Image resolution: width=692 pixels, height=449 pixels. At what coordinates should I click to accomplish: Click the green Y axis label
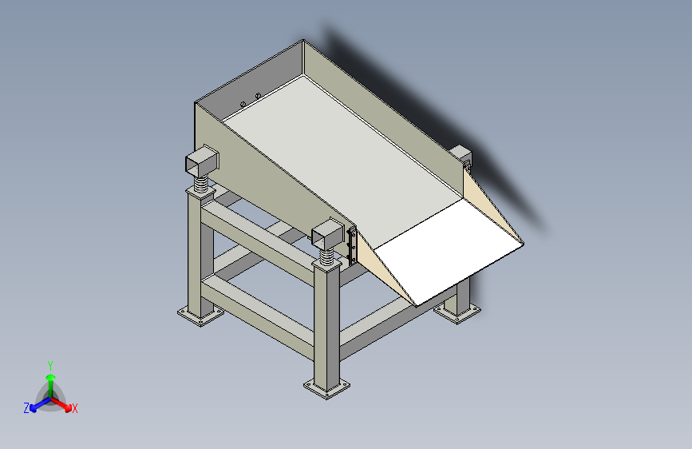coord(50,365)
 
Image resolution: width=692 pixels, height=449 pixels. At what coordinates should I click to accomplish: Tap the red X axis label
coord(74,408)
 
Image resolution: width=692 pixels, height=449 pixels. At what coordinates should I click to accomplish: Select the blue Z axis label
coord(26,408)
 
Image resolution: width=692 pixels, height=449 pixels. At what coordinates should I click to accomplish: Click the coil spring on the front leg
coord(326,256)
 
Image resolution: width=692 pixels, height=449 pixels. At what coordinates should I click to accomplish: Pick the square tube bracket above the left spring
coord(202,160)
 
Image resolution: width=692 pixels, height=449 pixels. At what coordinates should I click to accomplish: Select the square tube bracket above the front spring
coord(327,232)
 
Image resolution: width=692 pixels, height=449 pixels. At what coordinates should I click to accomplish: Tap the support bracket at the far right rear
coord(461,157)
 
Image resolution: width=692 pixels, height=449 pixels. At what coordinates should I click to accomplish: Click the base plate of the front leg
coord(326,387)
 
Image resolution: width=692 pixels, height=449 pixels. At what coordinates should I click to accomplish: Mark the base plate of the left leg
coord(201,315)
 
